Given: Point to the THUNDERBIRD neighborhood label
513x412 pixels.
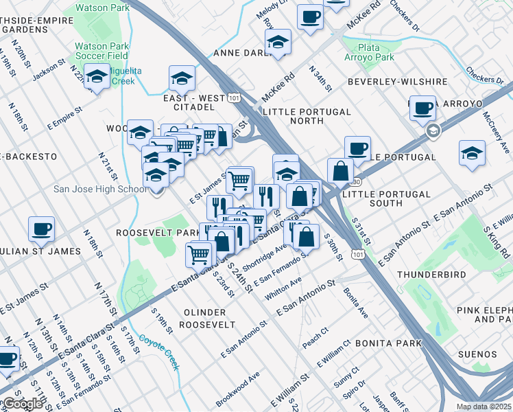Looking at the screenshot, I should (431, 275).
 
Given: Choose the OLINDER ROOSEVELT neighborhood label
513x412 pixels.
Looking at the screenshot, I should (209, 318).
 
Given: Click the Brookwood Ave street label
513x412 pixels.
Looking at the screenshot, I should (237, 389).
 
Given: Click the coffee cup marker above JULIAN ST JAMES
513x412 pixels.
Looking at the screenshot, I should (41, 229).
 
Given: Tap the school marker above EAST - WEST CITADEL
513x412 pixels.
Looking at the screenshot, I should (182, 78).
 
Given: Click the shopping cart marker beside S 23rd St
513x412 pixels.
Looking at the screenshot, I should (199, 253).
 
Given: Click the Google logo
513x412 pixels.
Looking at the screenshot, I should (23, 404).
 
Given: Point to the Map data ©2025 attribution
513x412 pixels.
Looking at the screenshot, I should (484, 407).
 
